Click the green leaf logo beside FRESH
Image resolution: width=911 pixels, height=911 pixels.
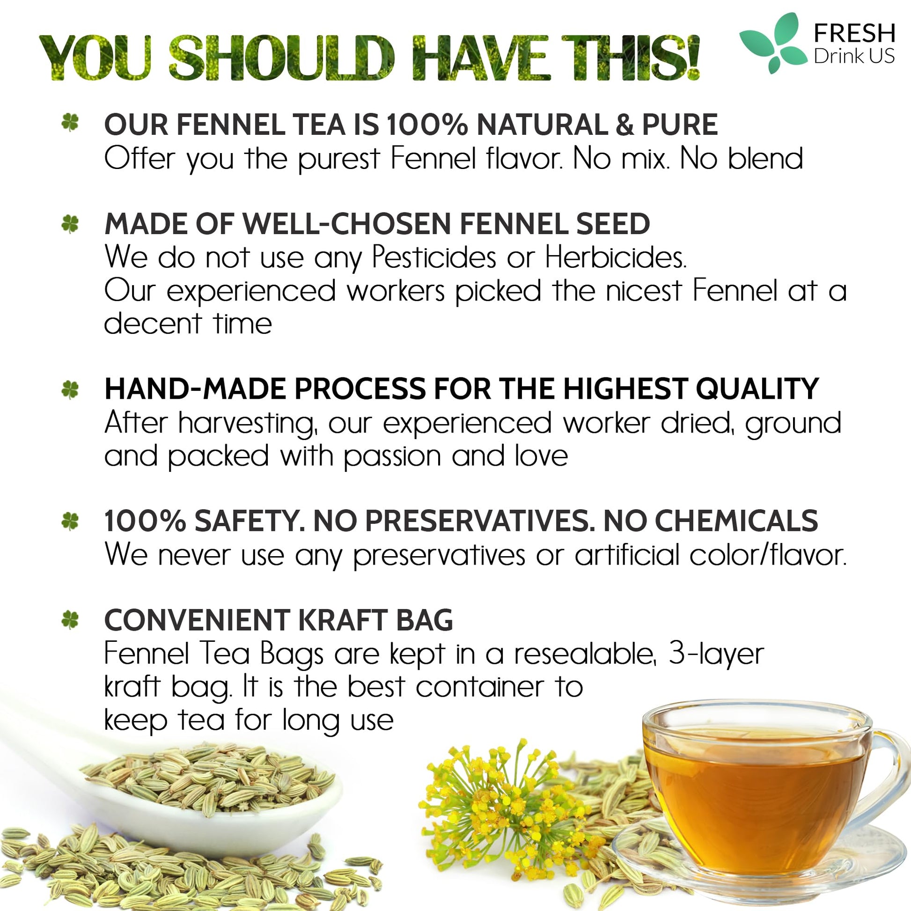773,43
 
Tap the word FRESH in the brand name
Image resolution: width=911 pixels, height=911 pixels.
854,34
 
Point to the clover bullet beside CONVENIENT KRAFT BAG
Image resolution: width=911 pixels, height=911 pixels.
70,620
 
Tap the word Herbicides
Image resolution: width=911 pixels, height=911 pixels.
615,257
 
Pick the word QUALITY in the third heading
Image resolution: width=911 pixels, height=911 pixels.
757,389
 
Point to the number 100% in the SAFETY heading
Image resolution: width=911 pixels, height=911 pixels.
145,521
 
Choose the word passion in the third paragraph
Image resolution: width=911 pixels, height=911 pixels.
392,457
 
